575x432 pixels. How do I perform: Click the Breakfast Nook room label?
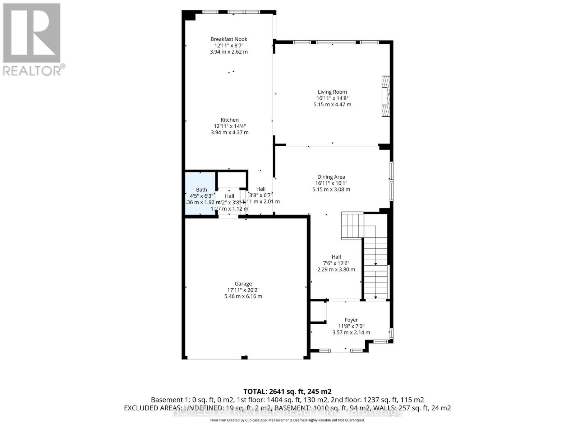pyautogui.click(x=229, y=39)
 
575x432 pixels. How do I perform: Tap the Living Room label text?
pyautogui.click(x=332, y=92)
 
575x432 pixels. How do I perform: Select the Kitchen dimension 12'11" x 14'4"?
pyautogui.click(x=230, y=126)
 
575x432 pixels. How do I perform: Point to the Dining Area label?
pyautogui.click(x=331, y=177)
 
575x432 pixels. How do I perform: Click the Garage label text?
pyautogui.click(x=243, y=284)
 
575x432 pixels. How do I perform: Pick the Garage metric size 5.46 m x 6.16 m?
pyautogui.click(x=243, y=296)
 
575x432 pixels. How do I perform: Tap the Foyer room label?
pyautogui.click(x=351, y=320)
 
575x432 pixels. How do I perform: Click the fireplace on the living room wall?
pyautogui.click(x=386, y=96)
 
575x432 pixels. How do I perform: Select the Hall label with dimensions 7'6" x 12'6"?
pyautogui.click(x=336, y=263)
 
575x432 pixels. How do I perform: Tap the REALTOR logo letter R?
pyautogui.click(x=32, y=33)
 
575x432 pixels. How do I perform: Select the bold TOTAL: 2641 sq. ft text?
pyautogui.click(x=287, y=391)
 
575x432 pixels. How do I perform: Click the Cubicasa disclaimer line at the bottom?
pyautogui.click(x=287, y=420)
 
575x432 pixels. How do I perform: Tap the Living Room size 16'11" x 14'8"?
pyautogui.click(x=332, y=98)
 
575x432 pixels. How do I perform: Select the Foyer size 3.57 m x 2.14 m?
pyautogui.click(x=351, y=332)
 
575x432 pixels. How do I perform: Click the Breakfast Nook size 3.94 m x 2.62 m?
pyautogui.click(x=229, y=52)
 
